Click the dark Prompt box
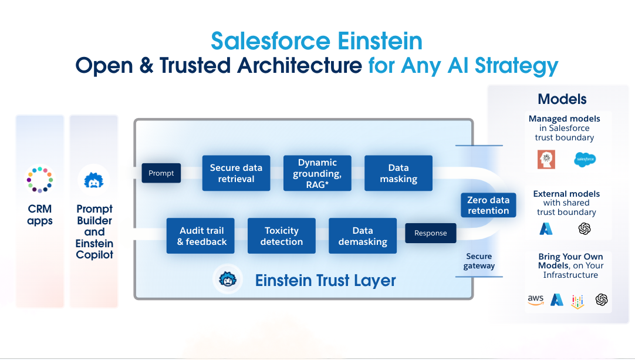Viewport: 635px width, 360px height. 161,173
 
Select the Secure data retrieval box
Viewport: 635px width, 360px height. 236,173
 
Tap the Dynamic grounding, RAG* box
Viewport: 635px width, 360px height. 317,173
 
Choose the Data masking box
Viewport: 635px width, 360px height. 398,173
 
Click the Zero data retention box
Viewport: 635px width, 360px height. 488,205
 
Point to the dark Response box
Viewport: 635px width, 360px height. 430,233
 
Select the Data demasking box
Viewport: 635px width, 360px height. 362,236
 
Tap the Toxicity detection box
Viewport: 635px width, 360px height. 281,236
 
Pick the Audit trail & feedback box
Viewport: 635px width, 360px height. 201,236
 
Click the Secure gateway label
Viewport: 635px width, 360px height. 479,261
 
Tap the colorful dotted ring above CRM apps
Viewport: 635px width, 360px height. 40,180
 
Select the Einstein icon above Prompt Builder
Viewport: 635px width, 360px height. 94,180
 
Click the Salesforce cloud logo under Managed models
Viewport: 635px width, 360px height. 585,159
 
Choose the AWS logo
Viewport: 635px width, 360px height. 535,300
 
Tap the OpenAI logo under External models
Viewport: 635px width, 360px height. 584,228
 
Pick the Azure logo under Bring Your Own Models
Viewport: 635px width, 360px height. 556,300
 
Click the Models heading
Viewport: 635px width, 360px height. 562,99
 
